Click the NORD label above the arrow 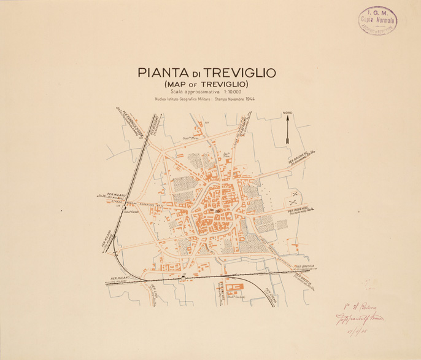pyautogui.click(x=287, y=113)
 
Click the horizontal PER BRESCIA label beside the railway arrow pyautogui.click(x=305, y=266)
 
